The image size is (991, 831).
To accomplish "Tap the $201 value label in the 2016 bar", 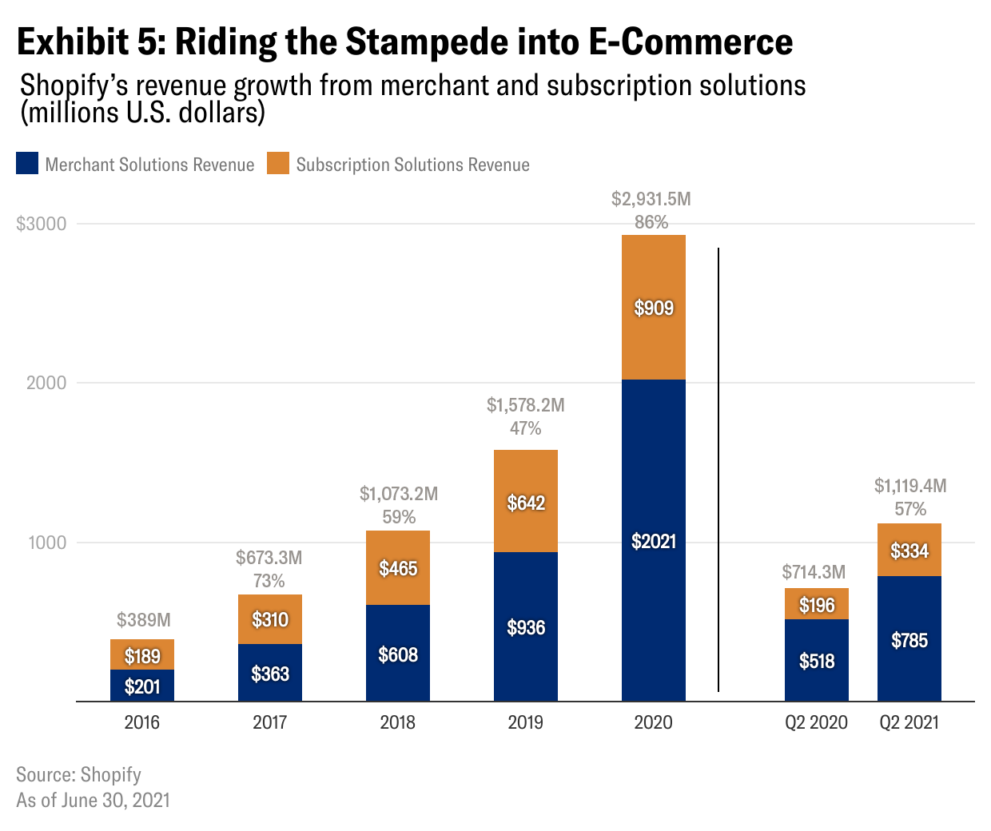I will tap(142, 686).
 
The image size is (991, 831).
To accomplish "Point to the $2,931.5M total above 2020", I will tap(651, 199).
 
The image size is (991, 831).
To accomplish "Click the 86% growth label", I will tap(651, 222).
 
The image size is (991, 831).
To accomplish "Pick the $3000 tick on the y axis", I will tap(42, 224).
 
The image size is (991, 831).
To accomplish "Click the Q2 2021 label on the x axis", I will tap(909, 722).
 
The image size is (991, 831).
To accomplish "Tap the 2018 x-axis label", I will tap(397, 722).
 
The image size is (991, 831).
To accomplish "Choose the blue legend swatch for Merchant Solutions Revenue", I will tap(27, 164).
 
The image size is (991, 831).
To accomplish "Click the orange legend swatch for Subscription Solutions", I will tap(278, 164).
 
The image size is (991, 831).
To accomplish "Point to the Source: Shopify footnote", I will tap(78, 774).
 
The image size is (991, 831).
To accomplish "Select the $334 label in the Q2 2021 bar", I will tap(909, 551).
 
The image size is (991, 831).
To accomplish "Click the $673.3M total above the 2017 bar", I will tap(269, 558).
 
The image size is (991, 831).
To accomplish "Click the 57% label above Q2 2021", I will tap(910, 509).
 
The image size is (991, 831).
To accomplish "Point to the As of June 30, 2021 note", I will tap(93, 800).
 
